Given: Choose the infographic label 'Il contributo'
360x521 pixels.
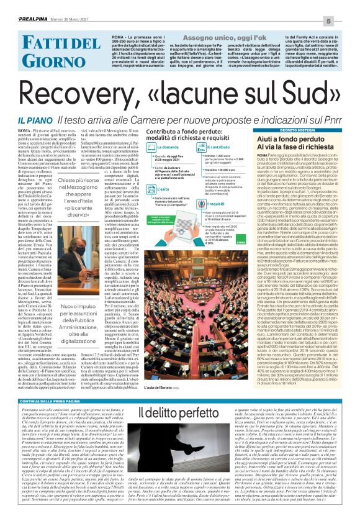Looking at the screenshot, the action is click(x=218, y=147).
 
